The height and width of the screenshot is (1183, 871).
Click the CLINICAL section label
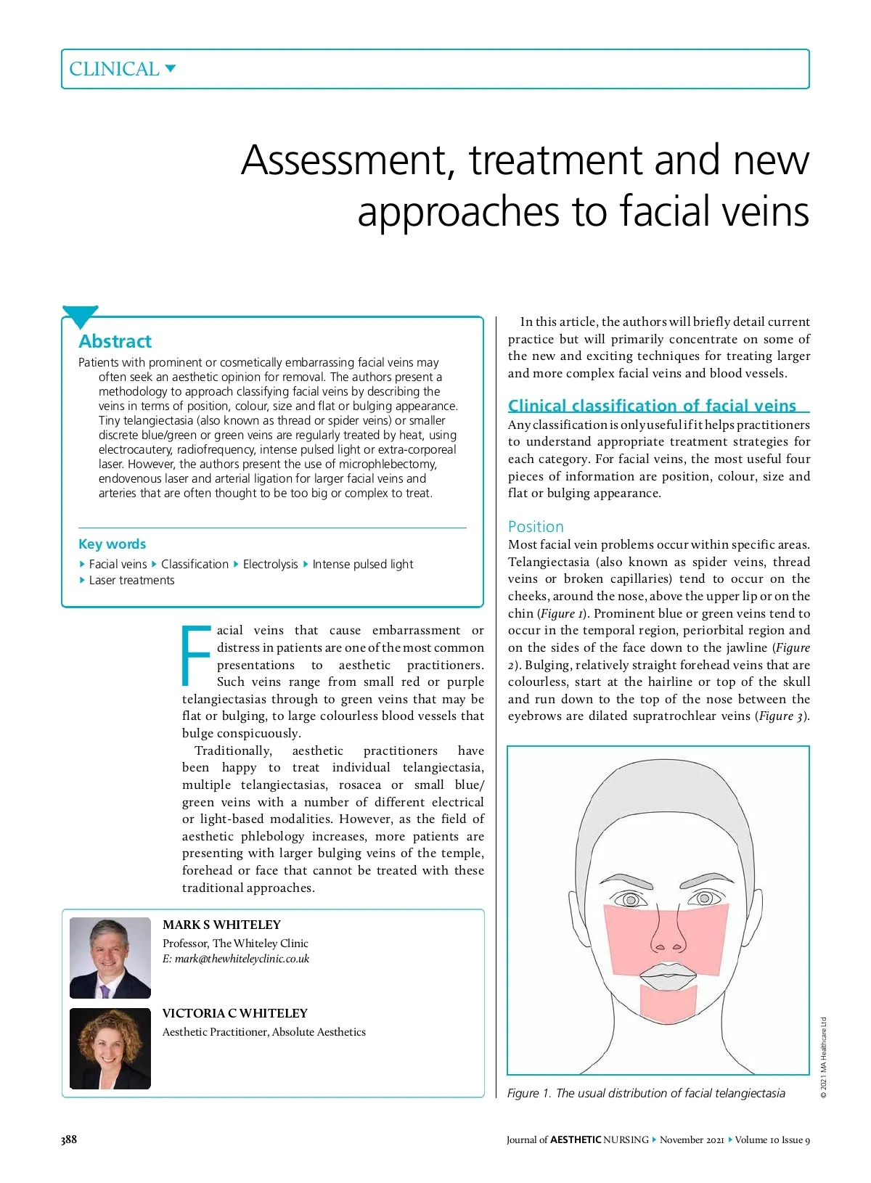coord(114,69)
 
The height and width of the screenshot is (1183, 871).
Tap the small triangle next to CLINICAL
coord(171,69)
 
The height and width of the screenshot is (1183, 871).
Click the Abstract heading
coord(115,341)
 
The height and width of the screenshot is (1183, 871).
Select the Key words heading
coord(112,544)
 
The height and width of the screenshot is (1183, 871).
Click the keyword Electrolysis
coord(270,564)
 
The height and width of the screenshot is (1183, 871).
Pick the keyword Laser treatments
coord(131,580)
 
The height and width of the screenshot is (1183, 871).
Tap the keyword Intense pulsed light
coord(362,564)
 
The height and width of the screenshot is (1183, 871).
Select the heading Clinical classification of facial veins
coord(652,406)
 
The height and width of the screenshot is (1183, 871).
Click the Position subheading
coord(536,527)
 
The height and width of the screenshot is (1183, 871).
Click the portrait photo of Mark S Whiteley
coord(110,957)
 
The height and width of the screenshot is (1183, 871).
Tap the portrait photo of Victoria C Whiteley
coord(110,1048)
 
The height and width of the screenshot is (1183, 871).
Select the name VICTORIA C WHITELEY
coord(234,1013)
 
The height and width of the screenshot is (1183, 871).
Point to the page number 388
coord(69,1139)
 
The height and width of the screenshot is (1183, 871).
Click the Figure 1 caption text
coord(646,1093)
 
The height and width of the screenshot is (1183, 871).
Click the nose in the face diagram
coord(667,933)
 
